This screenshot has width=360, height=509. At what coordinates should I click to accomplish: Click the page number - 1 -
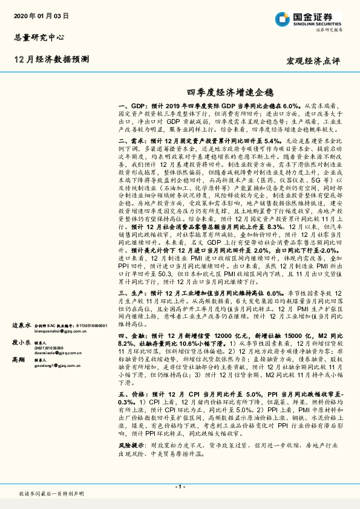coord(180,486)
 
